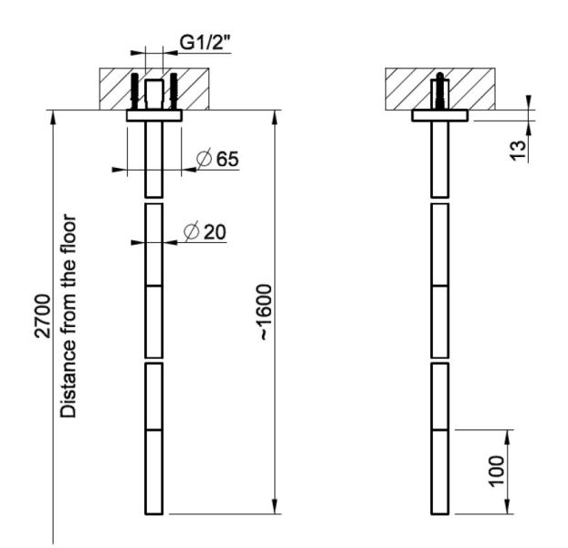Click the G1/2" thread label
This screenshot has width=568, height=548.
click(205, 43)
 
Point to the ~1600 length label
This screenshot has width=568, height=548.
click(266, 312)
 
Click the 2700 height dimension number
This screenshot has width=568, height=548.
click(42, 316)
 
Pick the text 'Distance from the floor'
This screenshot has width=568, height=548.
click(68, 316)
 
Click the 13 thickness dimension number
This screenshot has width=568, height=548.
click(517, 150)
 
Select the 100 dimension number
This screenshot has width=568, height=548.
click(496, 471)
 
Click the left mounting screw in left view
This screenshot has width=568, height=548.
click(134, 91)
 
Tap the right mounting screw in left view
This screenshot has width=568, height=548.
click(174, 91)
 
